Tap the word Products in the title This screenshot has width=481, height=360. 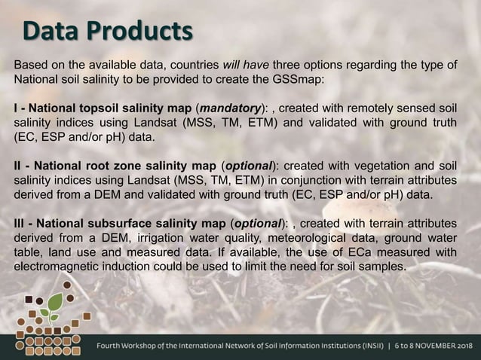(x=139, y=32)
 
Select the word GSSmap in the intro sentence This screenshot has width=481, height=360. (x=323, y=81)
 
